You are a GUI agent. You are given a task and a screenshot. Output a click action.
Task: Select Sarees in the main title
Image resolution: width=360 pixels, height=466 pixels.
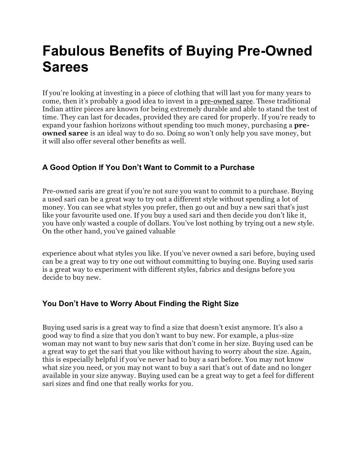click(x=65, y=68)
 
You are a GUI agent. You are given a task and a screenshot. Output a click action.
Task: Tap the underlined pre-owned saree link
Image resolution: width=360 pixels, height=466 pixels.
click(x=226, y=101)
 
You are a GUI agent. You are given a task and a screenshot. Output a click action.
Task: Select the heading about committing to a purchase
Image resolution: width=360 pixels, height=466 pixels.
click(x=148, y=168)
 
